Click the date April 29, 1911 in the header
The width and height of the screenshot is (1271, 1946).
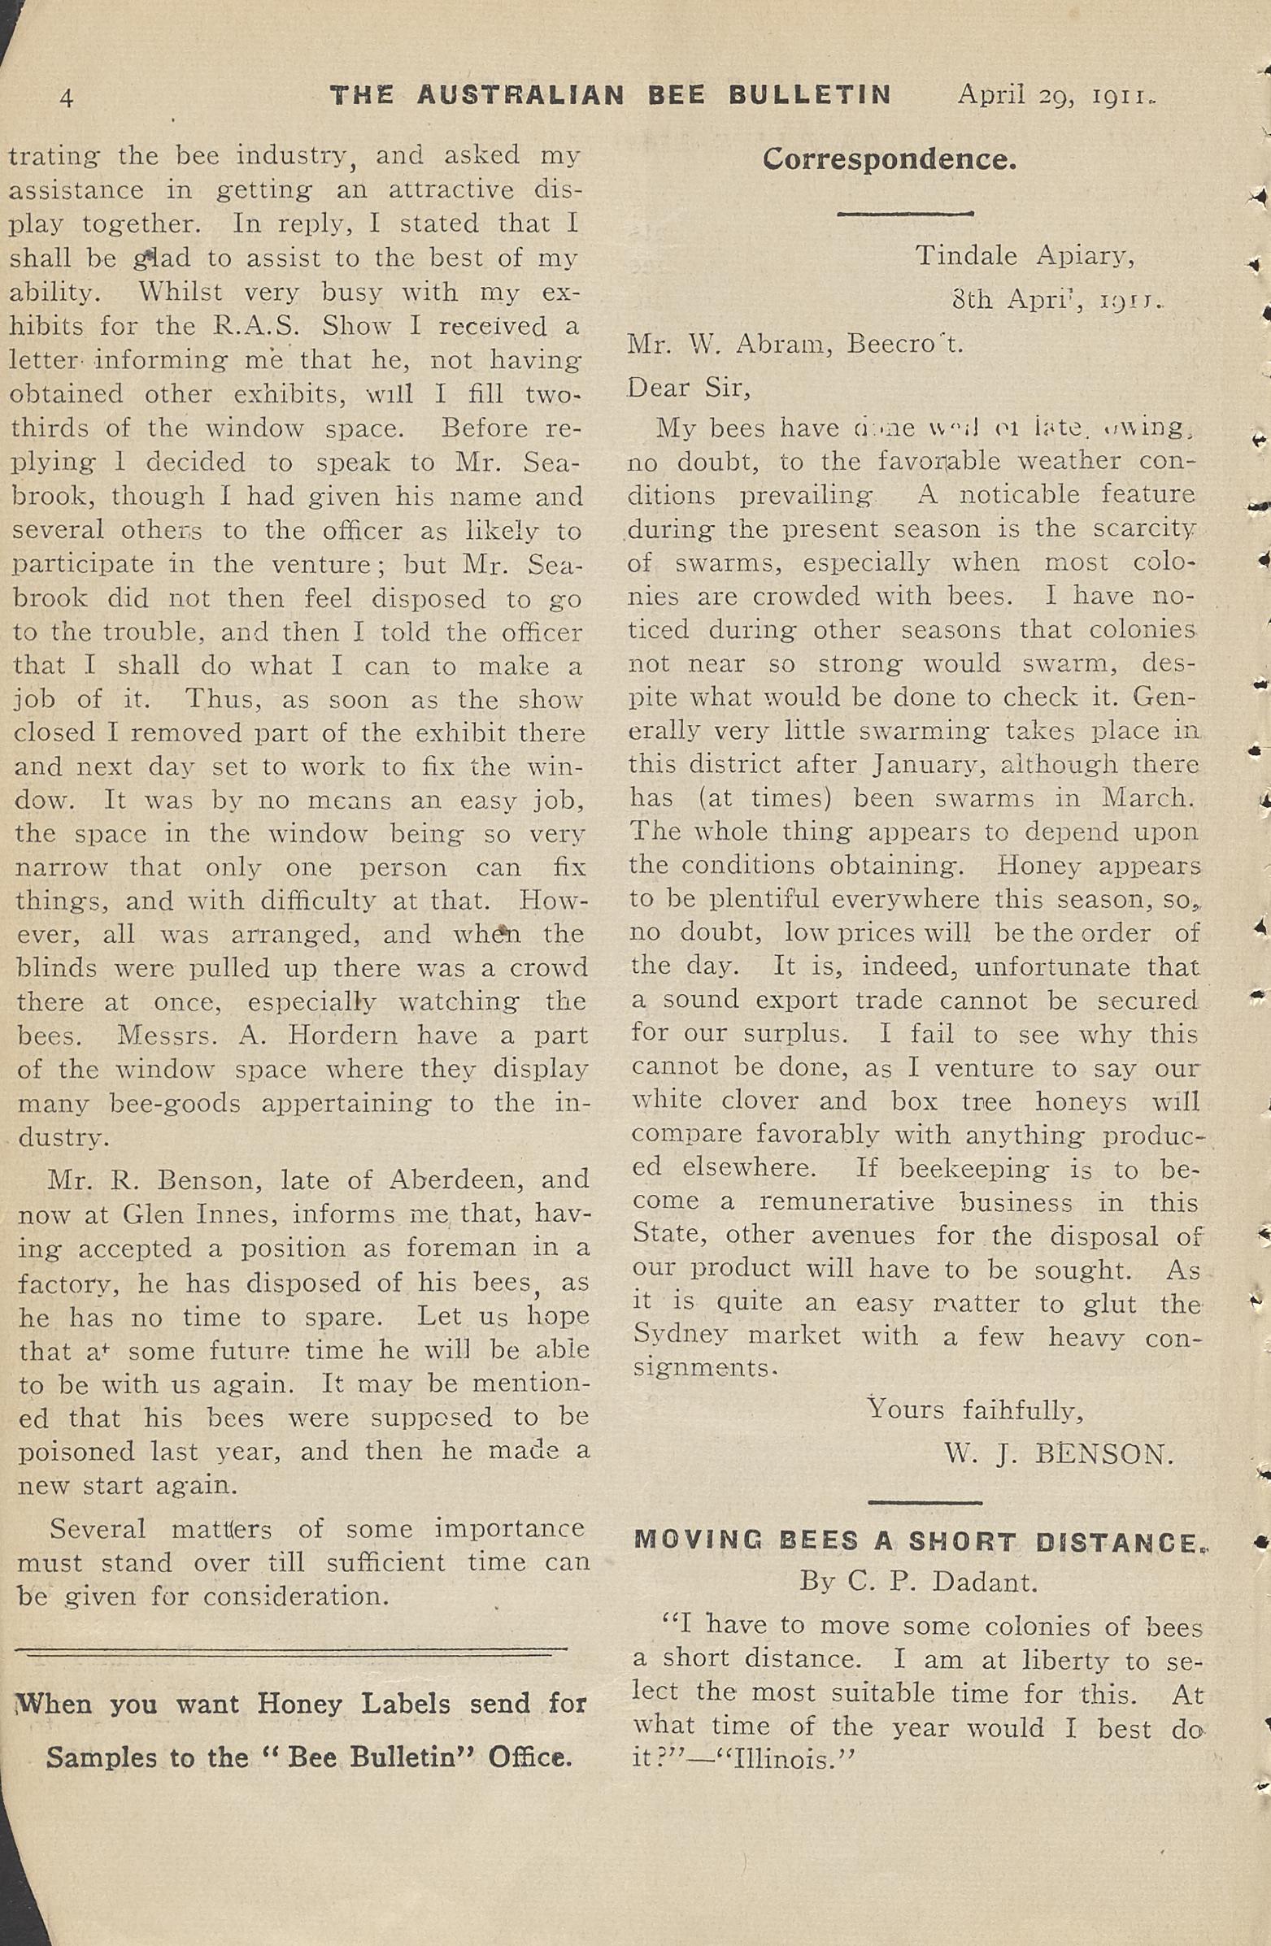1056,96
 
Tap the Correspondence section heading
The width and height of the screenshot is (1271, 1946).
889,159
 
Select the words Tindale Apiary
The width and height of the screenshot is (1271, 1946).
1024,256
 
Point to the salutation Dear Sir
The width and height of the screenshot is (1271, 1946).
688,387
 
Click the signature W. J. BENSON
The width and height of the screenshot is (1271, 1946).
1058,1453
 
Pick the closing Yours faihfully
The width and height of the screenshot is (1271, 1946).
975,1409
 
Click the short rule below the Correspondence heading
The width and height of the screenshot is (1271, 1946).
903,214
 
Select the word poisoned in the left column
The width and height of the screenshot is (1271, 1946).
76,1451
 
